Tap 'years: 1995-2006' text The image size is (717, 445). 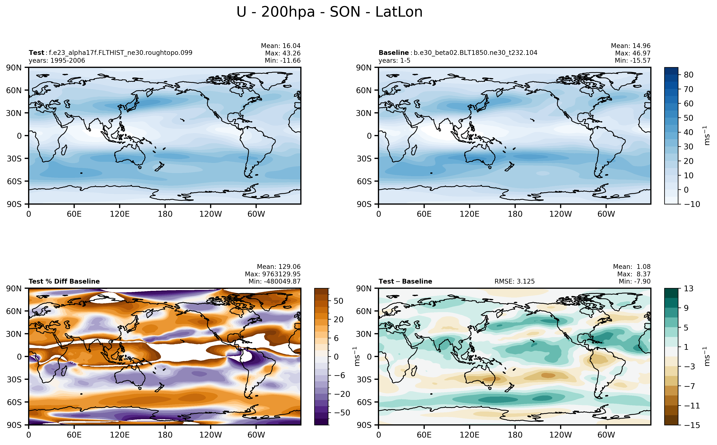click(57, 61)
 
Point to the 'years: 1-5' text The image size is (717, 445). click(394, 61)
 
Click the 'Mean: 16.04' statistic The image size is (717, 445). click(281, 46)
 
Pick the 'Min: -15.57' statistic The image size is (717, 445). click(632, 61)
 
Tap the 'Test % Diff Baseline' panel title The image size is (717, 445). click(64, 281)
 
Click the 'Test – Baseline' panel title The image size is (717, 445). click(405, 281)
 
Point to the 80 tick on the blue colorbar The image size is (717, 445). click(689, 75)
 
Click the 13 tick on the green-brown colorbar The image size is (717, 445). click(689, 288)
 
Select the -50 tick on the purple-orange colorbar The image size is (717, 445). click(342, 413)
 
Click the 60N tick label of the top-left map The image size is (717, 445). click(14, 90)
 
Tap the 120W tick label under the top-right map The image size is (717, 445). click(560, 214)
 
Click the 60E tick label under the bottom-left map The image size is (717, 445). click(74, 435)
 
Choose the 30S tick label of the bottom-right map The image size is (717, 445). click(364, 379)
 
